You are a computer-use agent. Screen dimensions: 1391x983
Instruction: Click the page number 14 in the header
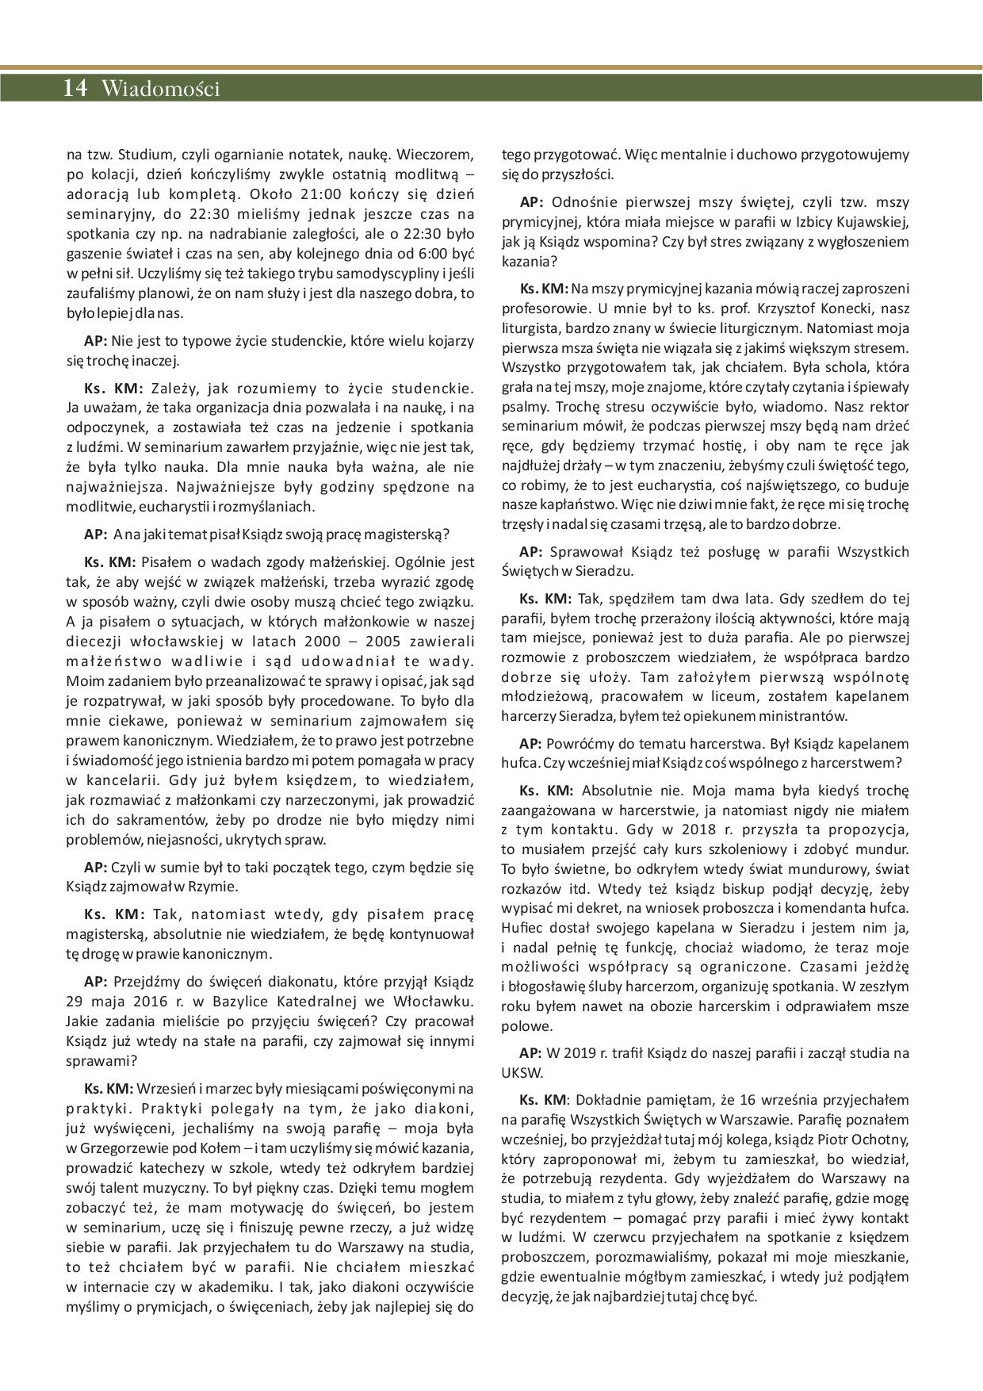pos(75,88)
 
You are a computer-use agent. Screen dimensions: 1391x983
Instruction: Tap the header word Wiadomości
pos(160,89)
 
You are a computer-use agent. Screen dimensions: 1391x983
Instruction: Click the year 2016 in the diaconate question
pos(152,1001)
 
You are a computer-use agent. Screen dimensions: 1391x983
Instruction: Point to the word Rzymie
pos(216,887)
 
